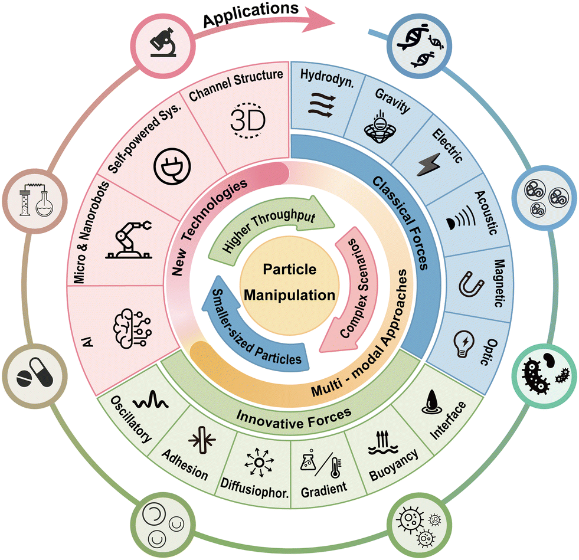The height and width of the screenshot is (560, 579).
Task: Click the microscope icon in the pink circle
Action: coord(163,42)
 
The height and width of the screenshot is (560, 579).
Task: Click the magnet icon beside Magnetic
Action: coord(471,284)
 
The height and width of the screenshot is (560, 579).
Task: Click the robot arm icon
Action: coord(129,239)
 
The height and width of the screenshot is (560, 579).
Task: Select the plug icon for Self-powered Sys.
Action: coord(172,166)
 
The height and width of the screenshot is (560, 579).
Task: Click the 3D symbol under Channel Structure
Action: coord(248,120)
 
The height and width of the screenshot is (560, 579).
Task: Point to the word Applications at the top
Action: coord(251,14)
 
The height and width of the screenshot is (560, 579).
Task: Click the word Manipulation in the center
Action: coord(289,295)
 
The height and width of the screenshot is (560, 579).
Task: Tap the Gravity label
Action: coord(392,100)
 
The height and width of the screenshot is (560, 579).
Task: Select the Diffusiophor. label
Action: coord(254,488)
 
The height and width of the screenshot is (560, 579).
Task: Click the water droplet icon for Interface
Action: coord(431,402)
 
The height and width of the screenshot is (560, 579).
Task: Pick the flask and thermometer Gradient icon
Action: coord(321,464)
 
